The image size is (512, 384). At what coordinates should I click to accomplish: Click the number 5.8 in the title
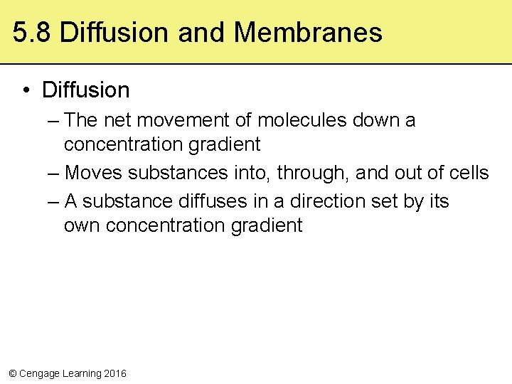32,33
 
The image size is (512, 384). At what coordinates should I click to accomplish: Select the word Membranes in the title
307,33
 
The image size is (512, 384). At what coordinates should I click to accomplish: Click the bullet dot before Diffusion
26,90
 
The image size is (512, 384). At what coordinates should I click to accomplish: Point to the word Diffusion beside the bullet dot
86,90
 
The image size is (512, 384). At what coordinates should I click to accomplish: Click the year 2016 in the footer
115,373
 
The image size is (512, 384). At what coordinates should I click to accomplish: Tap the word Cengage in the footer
40,373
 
